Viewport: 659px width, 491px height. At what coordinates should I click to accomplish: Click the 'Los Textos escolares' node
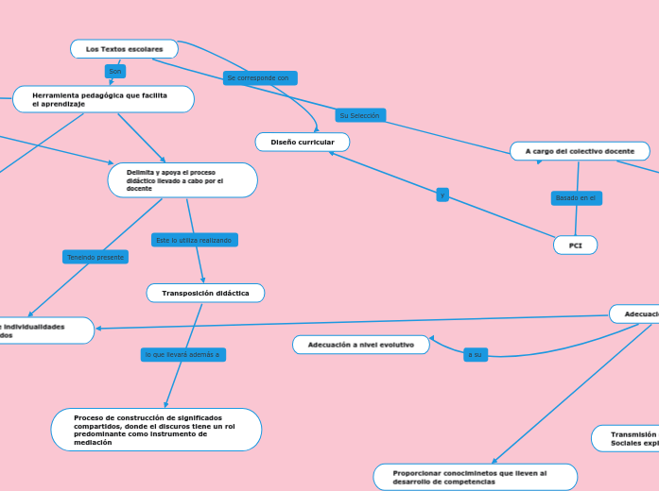point(124,49)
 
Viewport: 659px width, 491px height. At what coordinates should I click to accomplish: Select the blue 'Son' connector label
point(115,72)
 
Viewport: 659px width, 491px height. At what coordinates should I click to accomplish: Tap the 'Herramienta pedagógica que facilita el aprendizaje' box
point(103,99)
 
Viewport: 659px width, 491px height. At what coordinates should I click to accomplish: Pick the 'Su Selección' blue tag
point(360,115)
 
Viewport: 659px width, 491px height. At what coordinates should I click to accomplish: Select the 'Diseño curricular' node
point(303,142)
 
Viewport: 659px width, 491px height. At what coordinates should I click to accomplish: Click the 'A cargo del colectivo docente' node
point(580,151)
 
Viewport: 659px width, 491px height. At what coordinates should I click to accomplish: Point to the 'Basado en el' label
point(576,198)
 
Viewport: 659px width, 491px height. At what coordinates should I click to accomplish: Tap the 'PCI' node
point(575,245)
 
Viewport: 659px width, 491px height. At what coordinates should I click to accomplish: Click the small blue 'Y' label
point(442,195)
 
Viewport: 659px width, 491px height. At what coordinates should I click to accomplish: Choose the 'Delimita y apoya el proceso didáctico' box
point(182,180)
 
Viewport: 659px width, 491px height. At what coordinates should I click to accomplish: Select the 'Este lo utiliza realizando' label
point(194,241)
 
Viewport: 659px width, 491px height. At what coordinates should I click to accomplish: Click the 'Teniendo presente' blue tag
point(95,257)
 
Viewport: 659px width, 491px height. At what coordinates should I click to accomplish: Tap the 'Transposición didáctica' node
point(205,294)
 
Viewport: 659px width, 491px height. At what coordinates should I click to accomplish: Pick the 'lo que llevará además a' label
point(182,355)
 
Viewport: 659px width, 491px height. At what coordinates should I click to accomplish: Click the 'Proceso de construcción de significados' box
point(156,430)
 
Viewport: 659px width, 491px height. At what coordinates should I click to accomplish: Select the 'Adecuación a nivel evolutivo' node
point(360,345)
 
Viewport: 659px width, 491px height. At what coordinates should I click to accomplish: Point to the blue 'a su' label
point(475,355)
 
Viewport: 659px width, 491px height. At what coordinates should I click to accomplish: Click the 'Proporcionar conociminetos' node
point(475,477)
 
